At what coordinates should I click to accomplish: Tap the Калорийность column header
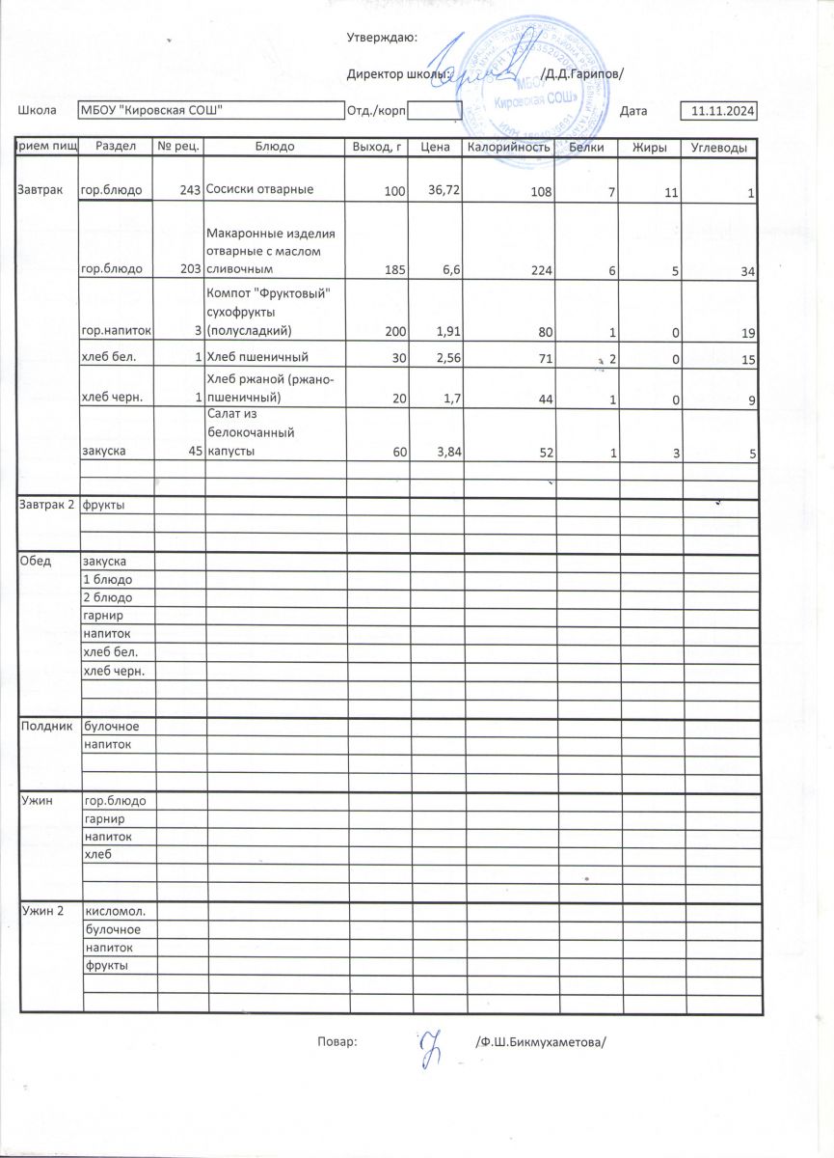click(x=508, y=148)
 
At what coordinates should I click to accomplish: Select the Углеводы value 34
click(x=747, y=270)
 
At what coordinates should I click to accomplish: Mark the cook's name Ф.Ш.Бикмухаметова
click(x=545, y=1042)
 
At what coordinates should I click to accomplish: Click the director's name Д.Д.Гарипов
click(x=581, y=74)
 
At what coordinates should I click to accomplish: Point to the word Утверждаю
click(x=381, y=38)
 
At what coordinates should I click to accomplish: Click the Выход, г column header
click(x=376, y=148)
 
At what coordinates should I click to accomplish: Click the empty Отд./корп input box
click(x=435, y=111)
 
